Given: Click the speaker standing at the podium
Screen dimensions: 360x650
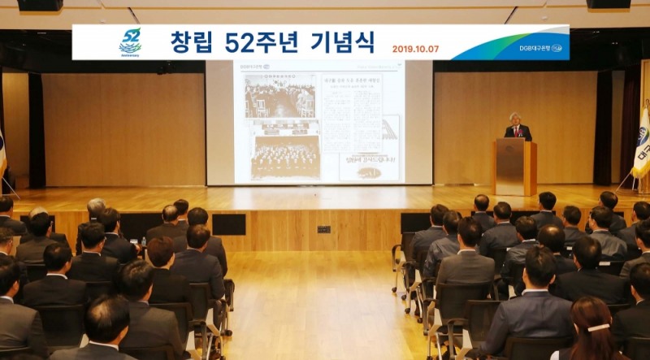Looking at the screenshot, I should click(517, 128).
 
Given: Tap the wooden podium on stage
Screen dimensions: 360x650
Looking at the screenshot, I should click(516, 167).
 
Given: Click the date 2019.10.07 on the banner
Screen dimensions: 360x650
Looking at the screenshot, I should click(415, 49).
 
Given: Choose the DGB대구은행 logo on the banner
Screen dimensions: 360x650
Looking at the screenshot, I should click(540, 48).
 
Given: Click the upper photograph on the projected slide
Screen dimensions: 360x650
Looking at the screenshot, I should click(280, 96).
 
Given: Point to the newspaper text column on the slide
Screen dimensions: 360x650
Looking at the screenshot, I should click(350, 114).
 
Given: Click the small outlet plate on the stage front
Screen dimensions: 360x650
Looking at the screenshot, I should click(323, 229).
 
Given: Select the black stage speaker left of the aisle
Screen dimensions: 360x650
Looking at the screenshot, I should click(228, 224).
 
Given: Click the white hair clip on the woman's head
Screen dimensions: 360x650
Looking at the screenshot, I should click(598, 327).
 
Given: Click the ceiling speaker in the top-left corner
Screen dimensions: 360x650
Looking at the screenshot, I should click(39, 5).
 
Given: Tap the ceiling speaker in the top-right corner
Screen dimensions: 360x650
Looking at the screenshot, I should click(609, 4).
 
